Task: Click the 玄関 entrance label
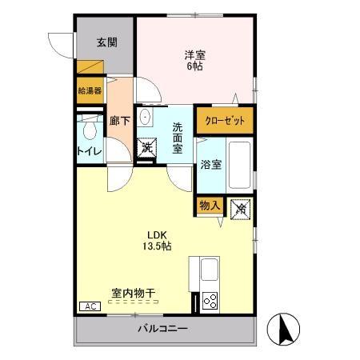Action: click(106, 42)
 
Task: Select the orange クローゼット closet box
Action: click(225, 120)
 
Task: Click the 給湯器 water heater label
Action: click(90, 90)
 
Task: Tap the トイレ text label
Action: click(88, 150)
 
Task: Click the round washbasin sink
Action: click(146, 118)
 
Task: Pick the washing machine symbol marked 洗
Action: click(146, 147)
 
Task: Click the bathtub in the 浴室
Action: click(240, 164)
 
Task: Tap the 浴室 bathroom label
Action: click(211, 165)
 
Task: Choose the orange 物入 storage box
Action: click(209, 206)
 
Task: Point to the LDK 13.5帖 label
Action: click(156, 240)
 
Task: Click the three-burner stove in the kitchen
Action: click(211, 301)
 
